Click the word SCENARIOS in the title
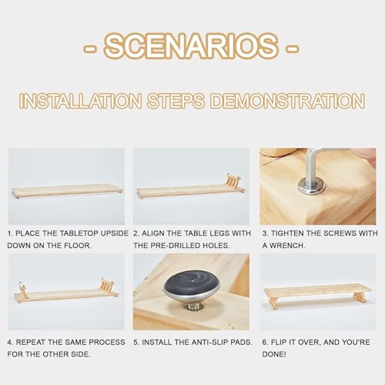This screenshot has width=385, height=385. (x=192, y=45)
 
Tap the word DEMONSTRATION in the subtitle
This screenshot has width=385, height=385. (x=287, y=101)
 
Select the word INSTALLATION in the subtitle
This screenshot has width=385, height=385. (x=81, y=101)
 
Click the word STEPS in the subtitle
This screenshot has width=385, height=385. (x=176, y=101)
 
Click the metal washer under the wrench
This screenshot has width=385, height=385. (x=312, y=186)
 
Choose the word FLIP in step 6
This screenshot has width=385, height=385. (x=280, y=342)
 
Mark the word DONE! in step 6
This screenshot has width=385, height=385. (x=274, y=354)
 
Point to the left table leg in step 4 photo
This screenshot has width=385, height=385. (x=23, y=290)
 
